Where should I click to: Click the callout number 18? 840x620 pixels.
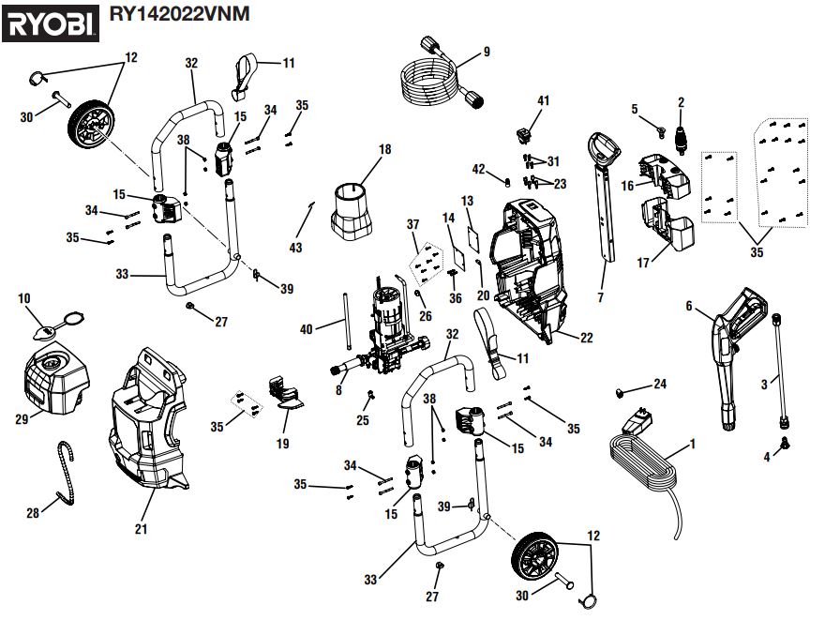pos(384,149)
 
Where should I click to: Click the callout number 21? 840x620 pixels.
pos(141,529)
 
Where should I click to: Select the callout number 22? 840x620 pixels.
pos(586,338)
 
